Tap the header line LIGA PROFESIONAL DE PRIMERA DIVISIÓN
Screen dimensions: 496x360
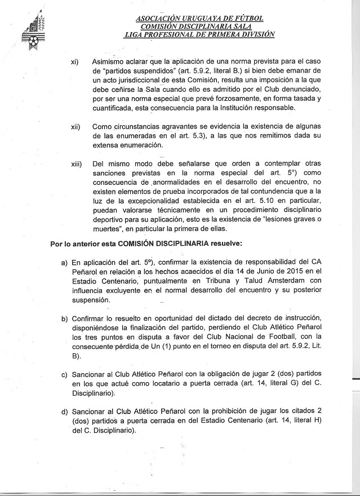pyautogui.click(x=200, y=34)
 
